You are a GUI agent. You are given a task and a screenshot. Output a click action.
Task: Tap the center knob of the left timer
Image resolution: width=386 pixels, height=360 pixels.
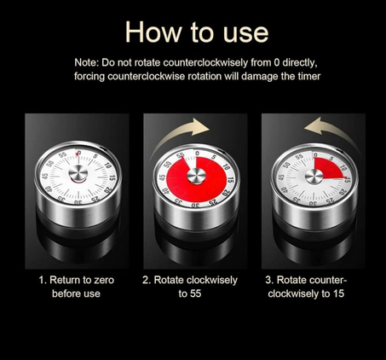77,176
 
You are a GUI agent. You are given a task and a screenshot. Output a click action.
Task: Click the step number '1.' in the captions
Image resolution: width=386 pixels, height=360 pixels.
43,280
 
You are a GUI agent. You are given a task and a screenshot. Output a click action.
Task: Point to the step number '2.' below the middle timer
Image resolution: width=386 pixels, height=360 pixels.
147,280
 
